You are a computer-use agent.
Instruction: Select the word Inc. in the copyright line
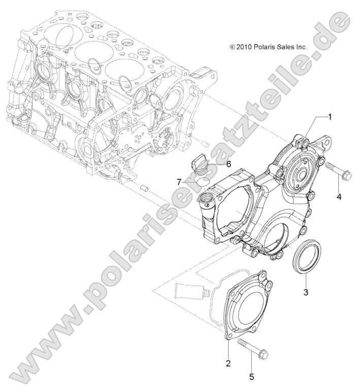click(301, 47)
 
